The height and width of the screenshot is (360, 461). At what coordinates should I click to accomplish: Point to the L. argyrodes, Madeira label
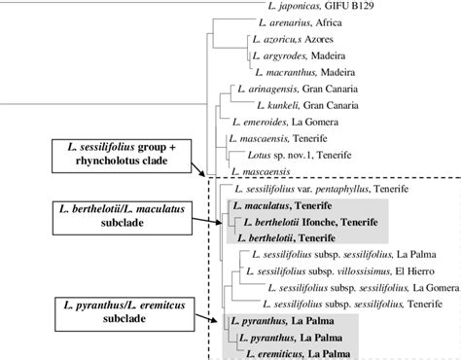point(307,58)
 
